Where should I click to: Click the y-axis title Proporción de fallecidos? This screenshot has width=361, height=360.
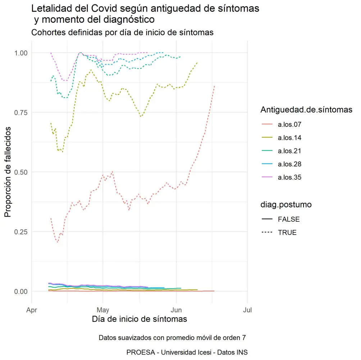[8, 172]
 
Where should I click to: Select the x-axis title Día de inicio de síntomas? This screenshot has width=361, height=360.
[140, 319]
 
